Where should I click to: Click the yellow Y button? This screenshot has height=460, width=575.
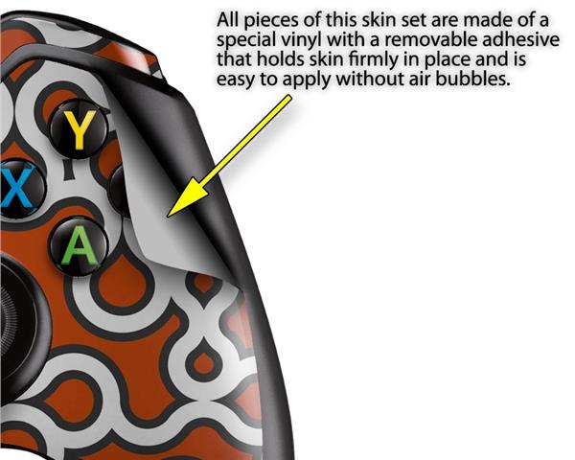[79, 131]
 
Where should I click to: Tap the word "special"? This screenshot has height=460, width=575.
[245, 42]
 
